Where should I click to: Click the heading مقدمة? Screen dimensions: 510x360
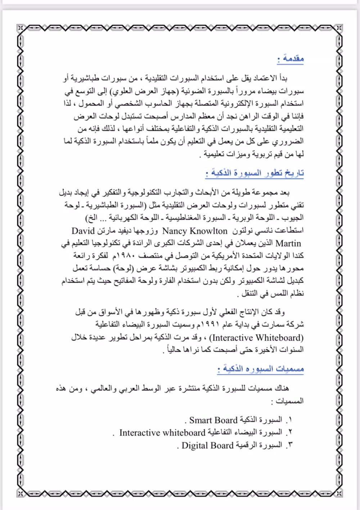pyautogui.click(x=291, y=58)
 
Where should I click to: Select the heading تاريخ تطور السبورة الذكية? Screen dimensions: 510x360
pyautogui.click(x=255, y=173)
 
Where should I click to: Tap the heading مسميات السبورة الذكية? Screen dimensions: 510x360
pyautogui.click(x=261, y=369)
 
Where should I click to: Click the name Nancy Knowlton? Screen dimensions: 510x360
pyautogui.click(x=195, y=231)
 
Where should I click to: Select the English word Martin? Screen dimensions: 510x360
pyautogui.click(x=288, y=243)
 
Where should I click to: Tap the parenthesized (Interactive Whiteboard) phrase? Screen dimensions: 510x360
pyautogui.click(x=257, y=338)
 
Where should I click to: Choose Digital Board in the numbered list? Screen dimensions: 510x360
pyautogui.click(x=207, y=445)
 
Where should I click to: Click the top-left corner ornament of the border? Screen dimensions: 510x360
pyautogui.click(x=21, y=28)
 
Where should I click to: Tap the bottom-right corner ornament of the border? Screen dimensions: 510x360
pyautogui.click(x=339, y=493)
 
